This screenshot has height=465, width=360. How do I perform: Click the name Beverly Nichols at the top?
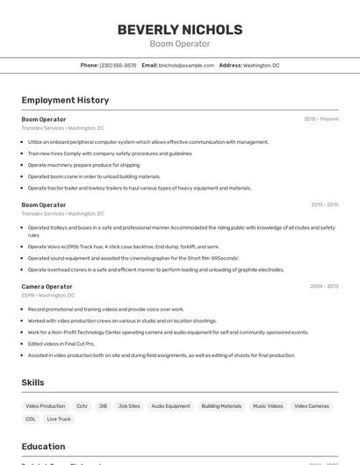tap(179, 30)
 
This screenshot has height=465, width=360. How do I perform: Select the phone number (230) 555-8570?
tap(118, 65)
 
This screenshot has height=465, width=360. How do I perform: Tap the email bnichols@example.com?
tap(186, 65)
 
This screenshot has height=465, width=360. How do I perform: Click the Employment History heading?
tap(65, 100)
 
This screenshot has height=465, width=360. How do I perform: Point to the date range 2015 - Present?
tap(320, 118)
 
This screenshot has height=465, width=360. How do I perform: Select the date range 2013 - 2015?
tap(324, 204)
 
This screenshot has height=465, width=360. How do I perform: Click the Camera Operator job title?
tap(47, 286)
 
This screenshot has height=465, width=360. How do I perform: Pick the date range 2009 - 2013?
tap(324, 286)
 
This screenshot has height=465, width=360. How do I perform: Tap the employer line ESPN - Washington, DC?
tap(48, 296)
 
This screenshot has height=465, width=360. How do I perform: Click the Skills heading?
tap(32, 383)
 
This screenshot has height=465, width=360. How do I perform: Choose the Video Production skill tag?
tap(46, 406)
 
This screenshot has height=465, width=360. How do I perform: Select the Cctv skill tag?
tap(82, 406)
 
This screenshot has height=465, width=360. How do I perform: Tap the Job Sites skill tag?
tap(129, 406)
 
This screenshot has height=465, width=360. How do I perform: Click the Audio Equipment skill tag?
tap(170, 406)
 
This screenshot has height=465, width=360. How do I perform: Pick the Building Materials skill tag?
tap(221, 406)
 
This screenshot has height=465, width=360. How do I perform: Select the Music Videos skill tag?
tap(268, 406)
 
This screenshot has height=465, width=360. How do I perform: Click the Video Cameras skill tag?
tap(312, 406)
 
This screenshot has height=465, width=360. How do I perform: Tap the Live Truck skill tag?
tap(59, 418)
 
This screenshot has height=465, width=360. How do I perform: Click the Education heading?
tap(43, 447)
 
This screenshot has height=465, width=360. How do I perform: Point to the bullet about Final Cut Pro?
tap(61, 344)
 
